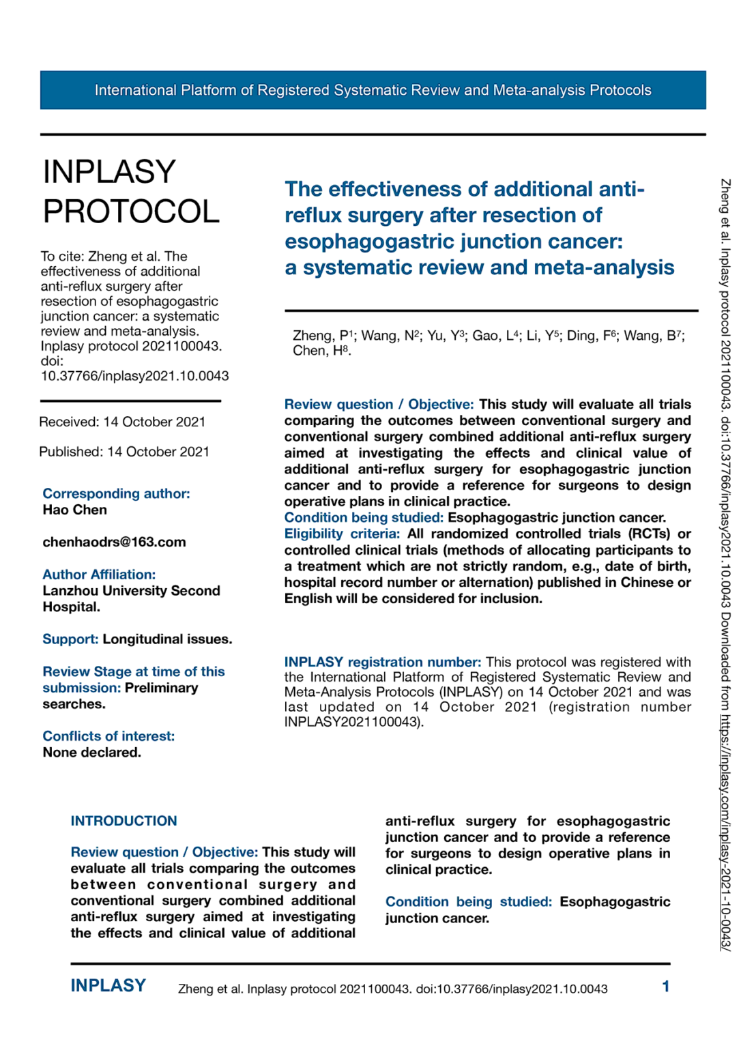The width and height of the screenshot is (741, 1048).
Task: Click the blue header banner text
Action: click(x=373, y=90)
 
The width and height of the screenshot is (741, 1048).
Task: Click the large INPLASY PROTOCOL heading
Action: click(x=130, y=192)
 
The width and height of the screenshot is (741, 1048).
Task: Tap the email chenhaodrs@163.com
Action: click(x=114, y=542)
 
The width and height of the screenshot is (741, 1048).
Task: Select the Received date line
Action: click(x=122, y=422)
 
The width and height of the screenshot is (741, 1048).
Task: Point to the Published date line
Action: click(x=123, y=452)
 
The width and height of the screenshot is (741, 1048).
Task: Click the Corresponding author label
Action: click(x=116, y=493)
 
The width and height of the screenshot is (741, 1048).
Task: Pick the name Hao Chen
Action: click(x=74, y=510)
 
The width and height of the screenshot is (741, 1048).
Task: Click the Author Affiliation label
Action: click(x=99, y=574)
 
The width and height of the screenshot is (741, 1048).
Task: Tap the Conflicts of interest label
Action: click(x=108, y=736)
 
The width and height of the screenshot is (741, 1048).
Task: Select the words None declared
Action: click(x=91, y=753)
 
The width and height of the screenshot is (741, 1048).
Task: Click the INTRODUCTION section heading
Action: click(x=123, y=821)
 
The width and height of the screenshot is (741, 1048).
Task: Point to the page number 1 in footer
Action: click(x=665, y=987)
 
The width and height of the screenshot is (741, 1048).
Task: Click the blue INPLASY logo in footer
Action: click(x=108, y=986)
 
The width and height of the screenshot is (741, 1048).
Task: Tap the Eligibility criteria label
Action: click(x=342, y=534)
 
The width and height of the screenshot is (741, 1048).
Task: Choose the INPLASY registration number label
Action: click(x=382, y=662)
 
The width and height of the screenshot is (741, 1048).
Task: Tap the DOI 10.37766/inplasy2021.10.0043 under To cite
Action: click(x=134, y=376)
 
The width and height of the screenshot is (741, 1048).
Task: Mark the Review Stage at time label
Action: click(x=133, y=672)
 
